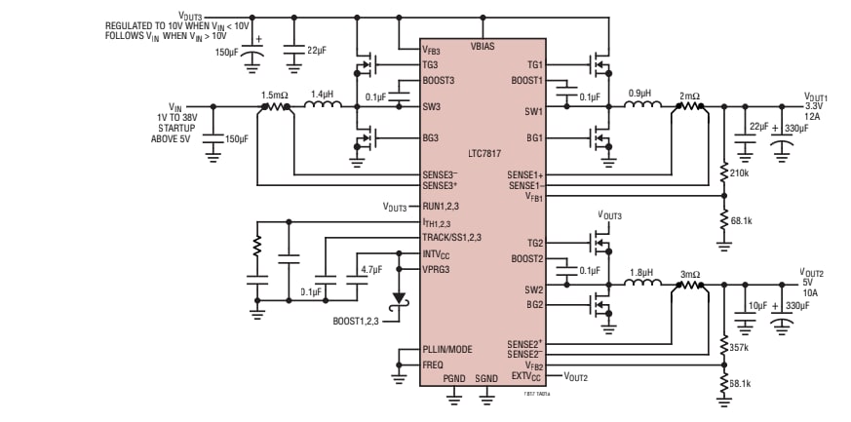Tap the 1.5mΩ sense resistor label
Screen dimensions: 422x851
pos(276,95)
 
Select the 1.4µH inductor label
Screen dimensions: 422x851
pos(322,95)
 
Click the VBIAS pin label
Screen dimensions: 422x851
pos(484,46)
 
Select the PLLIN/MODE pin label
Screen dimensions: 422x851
pos(449,349)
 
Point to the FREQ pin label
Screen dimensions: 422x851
pos(433,364)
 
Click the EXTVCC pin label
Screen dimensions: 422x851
pos(526,375)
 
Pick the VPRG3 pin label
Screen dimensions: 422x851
pos(437,268)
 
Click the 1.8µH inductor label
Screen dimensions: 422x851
pos(641,274)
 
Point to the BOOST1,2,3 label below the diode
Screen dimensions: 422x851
pos(358,319)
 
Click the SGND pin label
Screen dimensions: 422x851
pos(486,378)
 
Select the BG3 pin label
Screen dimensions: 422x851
pos(432,138)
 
